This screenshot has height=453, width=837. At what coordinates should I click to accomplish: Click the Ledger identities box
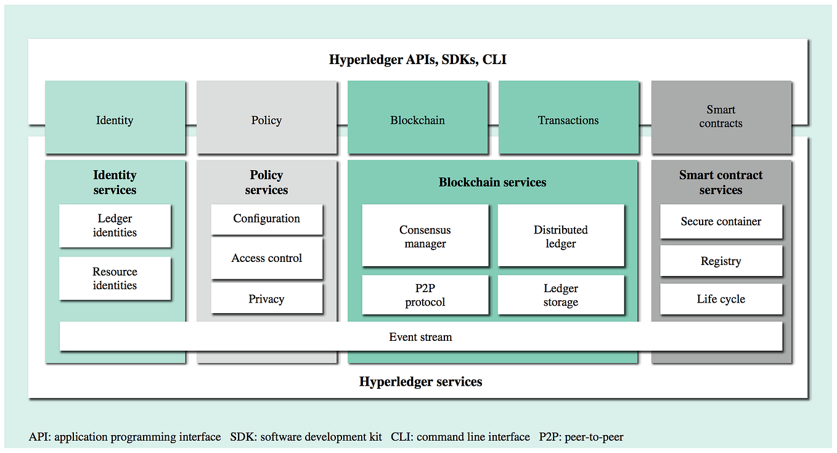click(x=115, y=226)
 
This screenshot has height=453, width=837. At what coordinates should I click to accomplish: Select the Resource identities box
click(x=115, y=279)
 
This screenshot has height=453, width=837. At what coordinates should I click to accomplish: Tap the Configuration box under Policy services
click(x=266, y=219)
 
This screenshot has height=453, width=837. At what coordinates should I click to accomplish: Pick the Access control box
click(x=266, y=258)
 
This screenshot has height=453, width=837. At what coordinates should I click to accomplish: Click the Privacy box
click(x=266, y=299)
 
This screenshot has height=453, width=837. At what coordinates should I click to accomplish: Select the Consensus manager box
click(x=425, y=237)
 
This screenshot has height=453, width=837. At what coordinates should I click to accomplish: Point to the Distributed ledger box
click(x=560, y=237)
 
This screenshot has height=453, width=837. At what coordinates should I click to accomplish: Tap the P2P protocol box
click(x=425, y=295)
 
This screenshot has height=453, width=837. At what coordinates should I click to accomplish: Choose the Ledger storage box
click(x=560, y=295)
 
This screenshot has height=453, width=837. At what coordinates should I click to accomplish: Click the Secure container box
click(x=721, y=222)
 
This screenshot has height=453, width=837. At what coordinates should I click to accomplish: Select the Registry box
click(x=721, y=261)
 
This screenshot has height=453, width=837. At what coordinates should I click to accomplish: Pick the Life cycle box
click(x=721, y=299)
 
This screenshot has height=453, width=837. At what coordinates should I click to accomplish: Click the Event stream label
click(x=420, y=337)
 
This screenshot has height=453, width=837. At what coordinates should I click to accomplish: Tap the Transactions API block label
click(x=568, y=120)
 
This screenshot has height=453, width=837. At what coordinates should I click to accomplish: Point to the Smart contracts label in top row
click(x=721, y=116)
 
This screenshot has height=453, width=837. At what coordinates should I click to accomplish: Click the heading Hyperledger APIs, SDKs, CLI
click(x=418, y=60)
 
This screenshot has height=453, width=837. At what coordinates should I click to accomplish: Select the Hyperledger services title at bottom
click(x=420, y=382)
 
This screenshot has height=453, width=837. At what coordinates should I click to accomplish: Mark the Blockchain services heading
click(x=492, y=182)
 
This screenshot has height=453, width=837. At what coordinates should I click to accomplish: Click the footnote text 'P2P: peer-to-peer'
click(x=581, y=437)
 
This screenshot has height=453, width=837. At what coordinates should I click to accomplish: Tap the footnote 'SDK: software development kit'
click(x=306, y=437)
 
